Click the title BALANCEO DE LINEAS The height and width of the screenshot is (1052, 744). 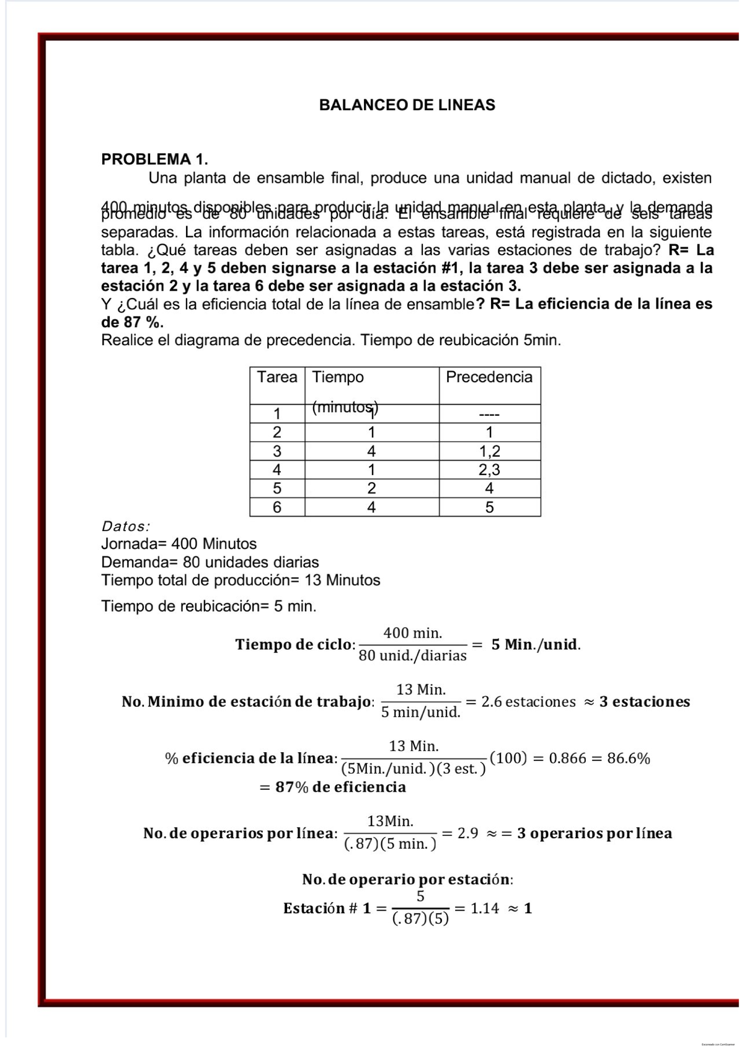(x=407, y=105)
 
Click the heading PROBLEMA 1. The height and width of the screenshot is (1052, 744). (x=154, y=159)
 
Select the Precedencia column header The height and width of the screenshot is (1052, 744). (x=489, y=377)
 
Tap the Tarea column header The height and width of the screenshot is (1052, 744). (x=277, y=377)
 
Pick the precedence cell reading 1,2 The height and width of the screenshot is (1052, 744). (x=489, y=451)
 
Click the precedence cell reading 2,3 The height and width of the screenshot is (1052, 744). (x=489, y=470)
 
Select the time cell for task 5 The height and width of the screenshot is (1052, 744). (x=371, y=488)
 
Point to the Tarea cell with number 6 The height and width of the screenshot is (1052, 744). (x=277, y=507)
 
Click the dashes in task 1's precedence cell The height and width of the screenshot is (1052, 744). (x=489, y=414)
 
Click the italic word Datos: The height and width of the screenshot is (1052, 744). (x=125, y=527)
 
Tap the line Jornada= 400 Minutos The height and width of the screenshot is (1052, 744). (x=179, y=544)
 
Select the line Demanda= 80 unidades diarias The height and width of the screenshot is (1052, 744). (x=210, y=563)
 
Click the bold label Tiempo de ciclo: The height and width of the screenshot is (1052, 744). (x=295, y=644)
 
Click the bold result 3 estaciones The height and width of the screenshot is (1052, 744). (x=644, y=702)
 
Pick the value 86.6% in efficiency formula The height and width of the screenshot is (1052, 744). (x=628, y=758)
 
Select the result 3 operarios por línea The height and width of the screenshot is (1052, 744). (x=594, y=833)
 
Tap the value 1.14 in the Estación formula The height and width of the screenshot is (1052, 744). (x=484, y=908)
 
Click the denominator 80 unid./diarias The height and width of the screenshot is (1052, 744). (x=412, y=656)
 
